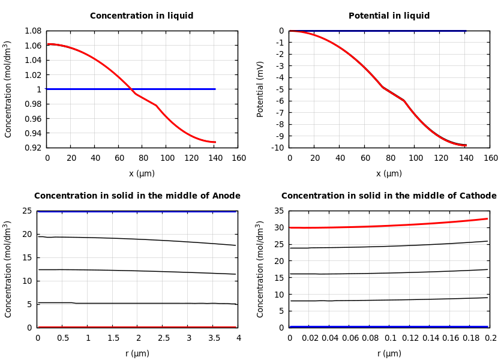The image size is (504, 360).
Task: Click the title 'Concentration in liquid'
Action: pos(142,16)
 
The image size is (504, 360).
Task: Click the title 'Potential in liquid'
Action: pos(389,16)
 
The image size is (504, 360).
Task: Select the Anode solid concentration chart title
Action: pos(137,196)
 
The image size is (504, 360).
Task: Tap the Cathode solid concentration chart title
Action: pos(389,196)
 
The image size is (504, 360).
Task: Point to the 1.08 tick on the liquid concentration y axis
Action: pos(32,31)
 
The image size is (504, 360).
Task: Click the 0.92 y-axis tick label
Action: pos(32,148)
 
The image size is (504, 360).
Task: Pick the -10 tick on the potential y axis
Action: pos(277,148)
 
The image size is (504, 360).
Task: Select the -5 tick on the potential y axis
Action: pos(280,89)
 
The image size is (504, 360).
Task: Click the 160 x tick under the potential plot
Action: pos(490,158)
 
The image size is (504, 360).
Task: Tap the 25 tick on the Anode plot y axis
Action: pos(27,211)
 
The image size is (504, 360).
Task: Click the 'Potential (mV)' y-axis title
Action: pos(260,89)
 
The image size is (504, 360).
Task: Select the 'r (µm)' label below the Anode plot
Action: pos(137,353)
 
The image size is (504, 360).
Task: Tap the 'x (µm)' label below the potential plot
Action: pos(389,173)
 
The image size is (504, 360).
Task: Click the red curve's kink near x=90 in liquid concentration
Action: pos(156,106)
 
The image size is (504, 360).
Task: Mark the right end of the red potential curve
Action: pos(466,145)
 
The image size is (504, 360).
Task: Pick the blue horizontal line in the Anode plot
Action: pos(137,211)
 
